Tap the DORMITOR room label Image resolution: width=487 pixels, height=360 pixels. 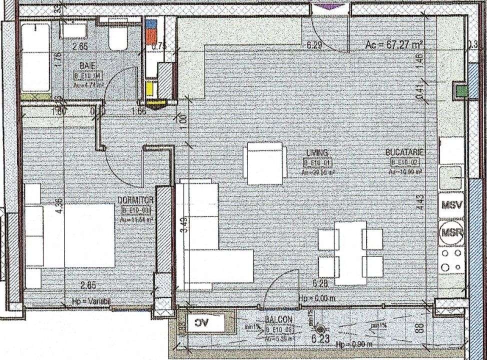135,200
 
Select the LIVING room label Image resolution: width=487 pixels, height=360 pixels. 317,152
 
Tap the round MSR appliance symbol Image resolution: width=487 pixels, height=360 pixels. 451,233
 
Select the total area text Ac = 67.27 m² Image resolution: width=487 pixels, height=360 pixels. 394,44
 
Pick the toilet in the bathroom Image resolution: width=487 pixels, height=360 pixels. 118,35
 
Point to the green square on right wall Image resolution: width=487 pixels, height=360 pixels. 461,90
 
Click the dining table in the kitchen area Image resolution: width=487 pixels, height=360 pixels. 350,252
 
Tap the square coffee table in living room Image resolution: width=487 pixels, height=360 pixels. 265,163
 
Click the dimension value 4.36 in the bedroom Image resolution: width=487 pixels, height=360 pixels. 59,207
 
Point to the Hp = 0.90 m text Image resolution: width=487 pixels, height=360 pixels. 350,344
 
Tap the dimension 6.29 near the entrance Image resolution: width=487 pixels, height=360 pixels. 313,45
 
